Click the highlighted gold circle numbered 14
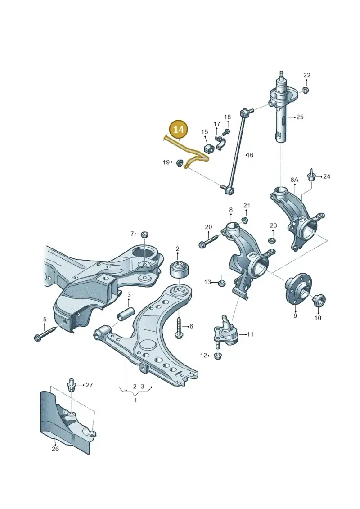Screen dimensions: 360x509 pos(179,130)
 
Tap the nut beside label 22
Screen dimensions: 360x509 pos(305,90)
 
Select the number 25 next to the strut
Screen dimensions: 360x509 pos(300,117)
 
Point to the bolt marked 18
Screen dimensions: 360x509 pos(227,132)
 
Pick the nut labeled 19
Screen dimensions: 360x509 pos(179,162)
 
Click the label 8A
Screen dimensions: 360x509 pos(294,180)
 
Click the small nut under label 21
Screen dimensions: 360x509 pos(245,220)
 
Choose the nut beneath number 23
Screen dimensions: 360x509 pos(272,240)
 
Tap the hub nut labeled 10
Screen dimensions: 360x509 pos(319,301)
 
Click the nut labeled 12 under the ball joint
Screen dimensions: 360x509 pos(218,356)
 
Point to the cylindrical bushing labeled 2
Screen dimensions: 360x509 pos(179,269)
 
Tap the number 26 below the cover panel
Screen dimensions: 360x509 pos(55,449)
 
